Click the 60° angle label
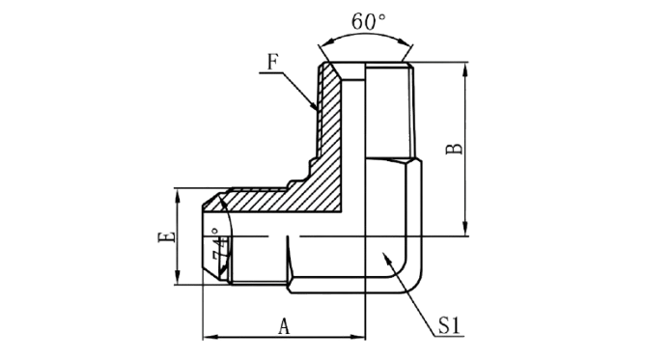[x=368, y=22]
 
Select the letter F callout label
[x=272, y=62]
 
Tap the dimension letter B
[x=454, y=149]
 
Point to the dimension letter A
[x=284, y=327]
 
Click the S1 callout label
[x=449, y=325]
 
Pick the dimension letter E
[x=166, y=237]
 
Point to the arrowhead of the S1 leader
[x=386, y=258]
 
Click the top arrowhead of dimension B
[x=465, y=69]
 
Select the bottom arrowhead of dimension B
[x=465, y=229]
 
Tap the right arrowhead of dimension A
[x=358, y=338]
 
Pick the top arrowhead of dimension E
[x=178, y=196]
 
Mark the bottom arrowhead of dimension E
[x=178, y=277]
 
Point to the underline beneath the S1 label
[x=450, y=337]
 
